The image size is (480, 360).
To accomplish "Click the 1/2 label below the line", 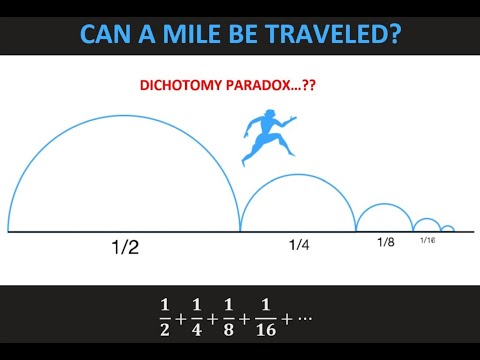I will point(124,248).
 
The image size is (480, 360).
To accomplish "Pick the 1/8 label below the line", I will point(386,242).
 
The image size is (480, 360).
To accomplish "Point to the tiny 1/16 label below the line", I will point(427,240).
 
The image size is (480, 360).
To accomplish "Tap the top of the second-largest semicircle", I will point(298,174).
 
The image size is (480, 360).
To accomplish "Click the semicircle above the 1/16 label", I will point(427,219).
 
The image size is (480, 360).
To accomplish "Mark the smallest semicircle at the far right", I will point(447,226).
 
